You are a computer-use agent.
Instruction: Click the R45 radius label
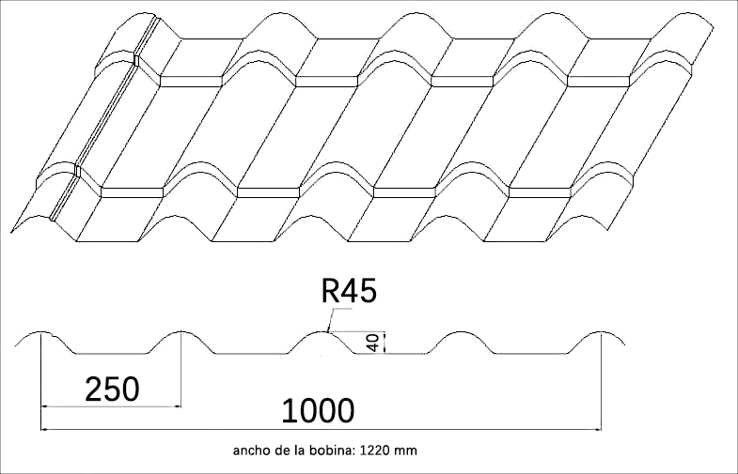[x=349, y=292]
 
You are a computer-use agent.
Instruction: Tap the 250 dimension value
[x=112, y=388]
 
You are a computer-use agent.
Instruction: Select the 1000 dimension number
[x=318, y=410]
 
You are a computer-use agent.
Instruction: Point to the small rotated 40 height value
[x=374, y=344]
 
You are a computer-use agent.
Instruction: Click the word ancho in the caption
[x=251, y=451]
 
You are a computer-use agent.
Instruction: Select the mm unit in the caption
[x=406, y=451]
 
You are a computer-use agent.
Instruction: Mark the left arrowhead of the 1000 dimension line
[x=43, y=429]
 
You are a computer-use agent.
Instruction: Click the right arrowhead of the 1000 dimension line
[x=597, y=429]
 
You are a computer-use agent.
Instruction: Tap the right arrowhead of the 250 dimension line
[x=177, y=406]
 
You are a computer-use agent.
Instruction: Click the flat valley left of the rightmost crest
[x=531, y=354]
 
